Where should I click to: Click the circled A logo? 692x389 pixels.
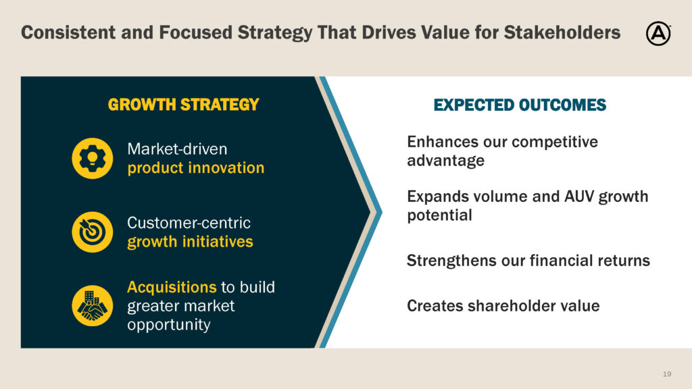pyautogui.click(x=658, y=34)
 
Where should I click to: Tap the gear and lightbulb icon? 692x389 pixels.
pyautogui.click(x=92, y=158)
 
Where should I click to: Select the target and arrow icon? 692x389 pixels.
pyautogui.click(x=92, y=232)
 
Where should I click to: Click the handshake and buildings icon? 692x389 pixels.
pyautogui.click(x=92, y=306)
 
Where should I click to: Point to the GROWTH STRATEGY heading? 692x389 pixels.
pyautogui.click(x=184, y=105)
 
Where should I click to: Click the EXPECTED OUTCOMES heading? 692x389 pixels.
pyautogui.click(x=520, y=105)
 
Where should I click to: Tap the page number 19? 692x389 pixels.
pyautogui.click(x=667, y=374)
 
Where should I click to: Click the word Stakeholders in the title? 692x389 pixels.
pyautogui.click(x=562, y=32)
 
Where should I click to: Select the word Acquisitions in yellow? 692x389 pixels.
pyautogui.click(x=172, y=288)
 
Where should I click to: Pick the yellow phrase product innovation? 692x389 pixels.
pyautogui.click(x=196, y=168)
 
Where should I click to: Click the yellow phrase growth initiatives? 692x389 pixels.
pyautogui.click(x=190, y=242)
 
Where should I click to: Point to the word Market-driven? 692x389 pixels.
pyautogui.click(x=178, y=149)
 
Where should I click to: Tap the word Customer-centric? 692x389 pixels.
pyautogui.click(x=189, y=223)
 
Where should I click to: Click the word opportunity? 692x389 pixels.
pyautogui.click(x=169, y=325)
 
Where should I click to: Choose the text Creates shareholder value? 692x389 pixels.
pyautogui.click(x=503, y=306)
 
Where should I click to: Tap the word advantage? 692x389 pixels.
pyautogui.click(x=446, y=161)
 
